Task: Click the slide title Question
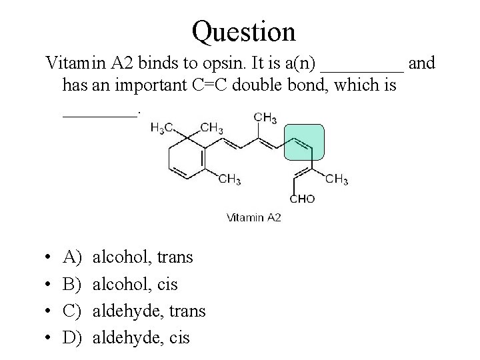coord(243,31)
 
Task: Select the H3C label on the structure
coord(163,128)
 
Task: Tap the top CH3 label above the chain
coord(265,119)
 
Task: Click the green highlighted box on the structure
coord(304,142)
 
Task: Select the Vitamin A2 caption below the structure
coord(254,217)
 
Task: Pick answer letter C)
coord(71,311)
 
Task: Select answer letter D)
coord(71,338)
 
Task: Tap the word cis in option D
coord(178,338)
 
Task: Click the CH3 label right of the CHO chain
coord(337,179)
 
